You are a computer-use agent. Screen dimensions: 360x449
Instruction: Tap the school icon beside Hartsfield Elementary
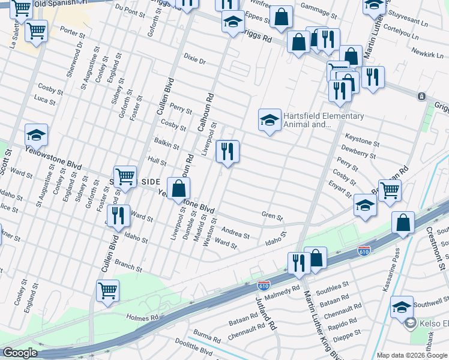tap(270, 120)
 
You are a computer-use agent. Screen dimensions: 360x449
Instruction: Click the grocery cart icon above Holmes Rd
tap(107, 291)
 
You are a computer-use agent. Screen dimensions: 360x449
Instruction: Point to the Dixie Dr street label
tap(194, 61)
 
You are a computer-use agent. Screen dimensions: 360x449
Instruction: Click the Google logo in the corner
tap(20, 352)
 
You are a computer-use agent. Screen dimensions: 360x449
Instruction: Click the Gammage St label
tap(318, 9)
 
